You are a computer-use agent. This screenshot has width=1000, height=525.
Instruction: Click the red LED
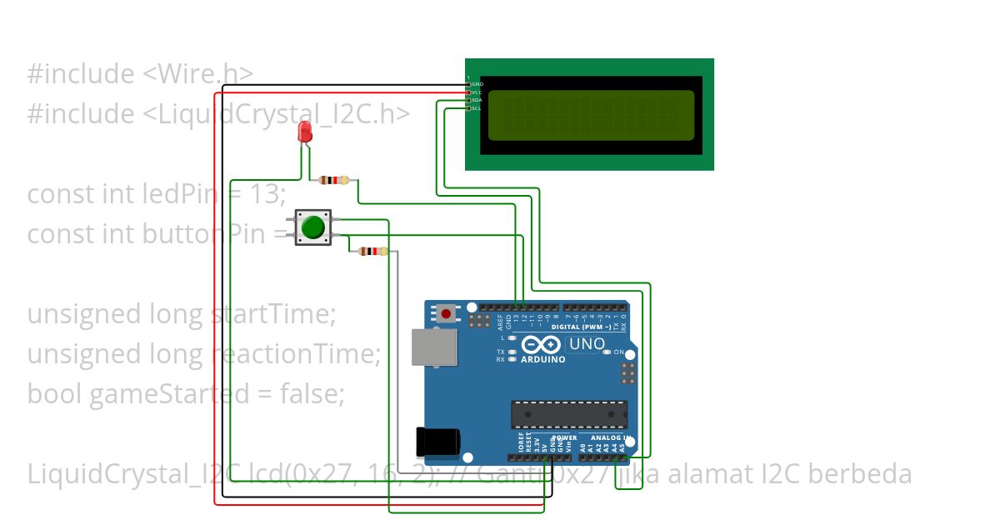point(305,132)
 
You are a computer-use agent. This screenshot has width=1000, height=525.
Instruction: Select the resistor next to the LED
point(334,180)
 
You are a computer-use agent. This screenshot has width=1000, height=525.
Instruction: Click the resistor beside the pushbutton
point(372,251)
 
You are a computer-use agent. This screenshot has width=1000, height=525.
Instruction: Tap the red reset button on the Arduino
point(447,314)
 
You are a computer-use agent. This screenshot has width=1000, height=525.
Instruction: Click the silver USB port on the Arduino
point(433,347)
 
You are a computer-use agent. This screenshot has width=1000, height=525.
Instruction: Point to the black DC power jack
point(437,442)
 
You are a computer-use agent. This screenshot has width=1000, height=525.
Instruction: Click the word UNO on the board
point(587,343)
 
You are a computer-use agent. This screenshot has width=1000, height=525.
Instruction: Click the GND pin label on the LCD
point(477,84)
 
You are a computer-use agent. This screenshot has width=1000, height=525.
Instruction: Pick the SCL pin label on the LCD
point(477,108)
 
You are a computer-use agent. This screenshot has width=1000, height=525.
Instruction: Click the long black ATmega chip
point(569,414)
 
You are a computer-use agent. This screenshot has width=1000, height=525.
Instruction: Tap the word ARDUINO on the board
point(542,360)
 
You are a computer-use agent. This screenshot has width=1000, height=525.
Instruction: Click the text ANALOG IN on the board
point(611,437)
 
